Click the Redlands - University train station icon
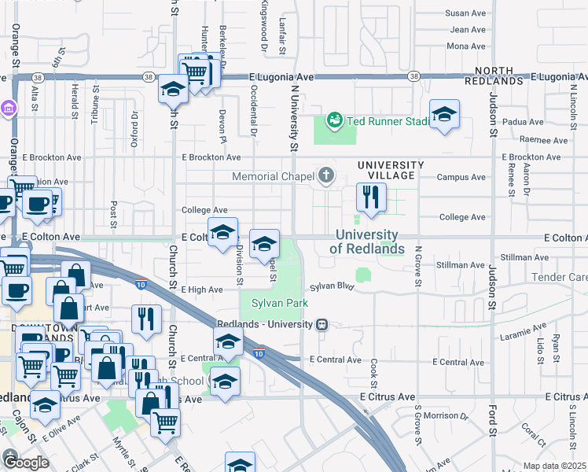coord(322,325)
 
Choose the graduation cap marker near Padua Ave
coord(444,115)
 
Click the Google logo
coord(25,462)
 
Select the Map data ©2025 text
coord(554,466)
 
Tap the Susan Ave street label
coord(466,13)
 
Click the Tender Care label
coord(559,277)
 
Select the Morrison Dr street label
coord(446,415)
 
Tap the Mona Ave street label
coord(466,46)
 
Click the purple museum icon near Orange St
coord(9,107)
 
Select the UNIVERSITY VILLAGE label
coord(391,165)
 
